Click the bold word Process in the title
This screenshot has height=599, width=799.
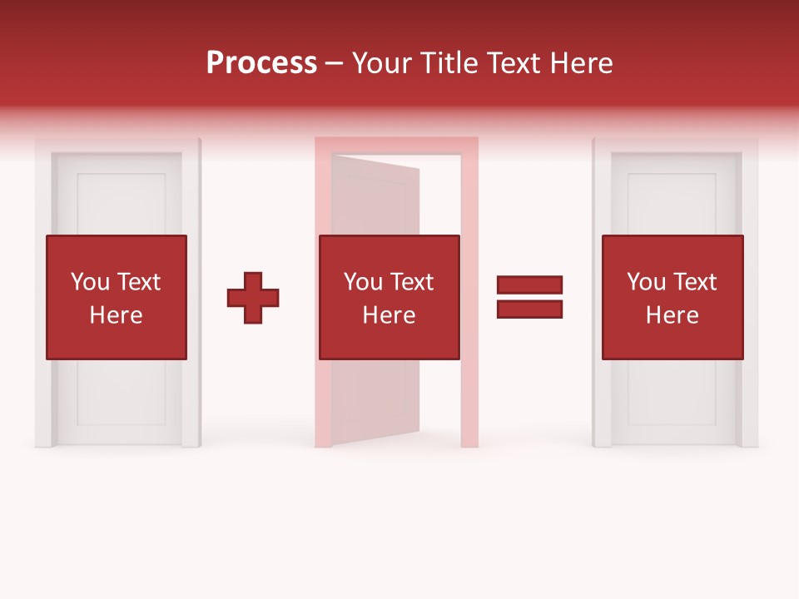coord(261,63)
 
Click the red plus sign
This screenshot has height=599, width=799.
coord(253,298)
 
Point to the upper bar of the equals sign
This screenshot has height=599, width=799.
coord(529,285)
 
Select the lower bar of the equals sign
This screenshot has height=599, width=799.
coord(529,309)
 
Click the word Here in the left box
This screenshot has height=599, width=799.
coord(116,315)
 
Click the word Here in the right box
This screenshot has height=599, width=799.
coord(672,315)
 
